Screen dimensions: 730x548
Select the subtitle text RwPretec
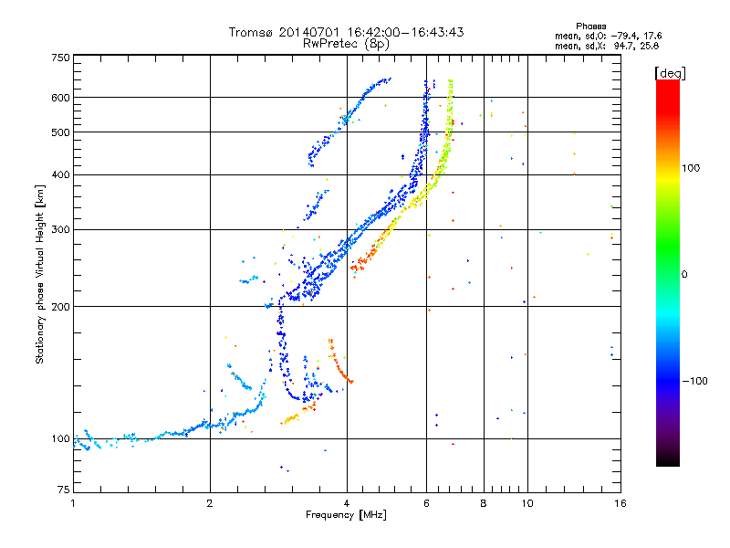(330, 44)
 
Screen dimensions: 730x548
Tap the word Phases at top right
(590, 26)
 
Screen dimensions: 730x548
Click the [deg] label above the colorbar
(670, 73)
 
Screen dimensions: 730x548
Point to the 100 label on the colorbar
(691, 168)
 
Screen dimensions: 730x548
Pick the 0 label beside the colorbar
(684, 274)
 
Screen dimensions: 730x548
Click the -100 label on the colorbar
(694, 381)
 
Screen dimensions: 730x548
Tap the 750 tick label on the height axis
(61, 58)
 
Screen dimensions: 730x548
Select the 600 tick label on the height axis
(61, 98)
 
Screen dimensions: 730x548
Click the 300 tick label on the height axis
(61, 229)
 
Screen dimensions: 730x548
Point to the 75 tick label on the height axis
(64, 490)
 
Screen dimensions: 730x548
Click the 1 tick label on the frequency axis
(73, 503)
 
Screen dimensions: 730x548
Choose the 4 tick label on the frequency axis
(347, 503)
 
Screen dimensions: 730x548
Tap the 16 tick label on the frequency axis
(620, 503)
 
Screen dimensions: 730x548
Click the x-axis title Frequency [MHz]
(346, 515)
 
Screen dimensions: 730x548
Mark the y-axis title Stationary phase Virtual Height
(40, 274)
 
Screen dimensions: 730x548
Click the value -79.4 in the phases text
(625, 36)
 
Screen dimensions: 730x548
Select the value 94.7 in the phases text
(623, 46)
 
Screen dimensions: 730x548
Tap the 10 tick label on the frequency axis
(527, 503)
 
